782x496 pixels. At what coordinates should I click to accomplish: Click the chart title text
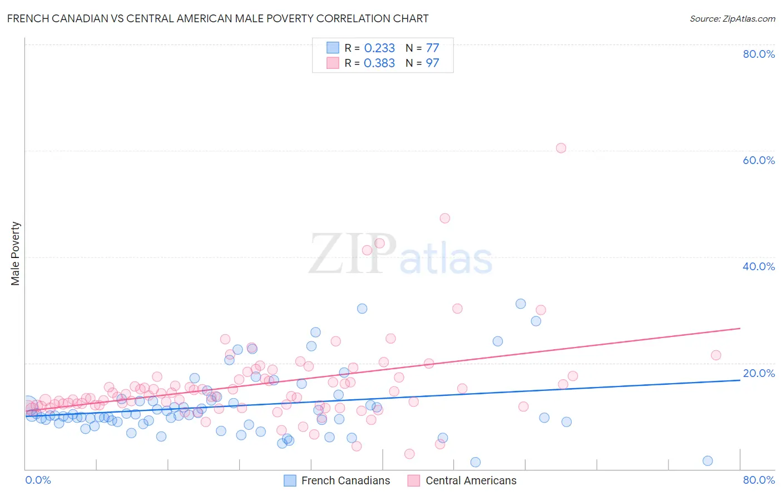217,18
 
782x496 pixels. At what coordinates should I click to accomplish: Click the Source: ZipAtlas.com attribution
732,18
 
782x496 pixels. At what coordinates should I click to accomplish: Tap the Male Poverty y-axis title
15,254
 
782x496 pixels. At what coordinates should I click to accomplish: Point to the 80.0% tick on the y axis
759,54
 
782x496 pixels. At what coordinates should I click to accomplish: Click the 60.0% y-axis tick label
759,160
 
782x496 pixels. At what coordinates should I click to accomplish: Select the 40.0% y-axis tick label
759,266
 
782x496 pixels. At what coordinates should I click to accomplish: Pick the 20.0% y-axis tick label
759,373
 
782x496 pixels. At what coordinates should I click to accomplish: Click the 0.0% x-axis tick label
38,480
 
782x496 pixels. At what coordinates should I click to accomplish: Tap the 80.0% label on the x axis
759,480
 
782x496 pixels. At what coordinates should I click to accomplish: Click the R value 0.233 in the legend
379,48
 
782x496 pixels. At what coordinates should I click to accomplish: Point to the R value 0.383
379,63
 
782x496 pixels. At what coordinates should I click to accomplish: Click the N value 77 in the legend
432,48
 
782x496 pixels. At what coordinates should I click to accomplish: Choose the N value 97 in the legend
432,63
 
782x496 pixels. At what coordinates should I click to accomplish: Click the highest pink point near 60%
561,148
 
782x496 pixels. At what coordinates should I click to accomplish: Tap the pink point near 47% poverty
444,218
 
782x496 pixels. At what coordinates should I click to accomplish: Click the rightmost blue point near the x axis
707,460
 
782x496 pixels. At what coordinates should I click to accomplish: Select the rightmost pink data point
716,355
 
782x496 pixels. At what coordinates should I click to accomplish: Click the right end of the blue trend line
739,380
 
